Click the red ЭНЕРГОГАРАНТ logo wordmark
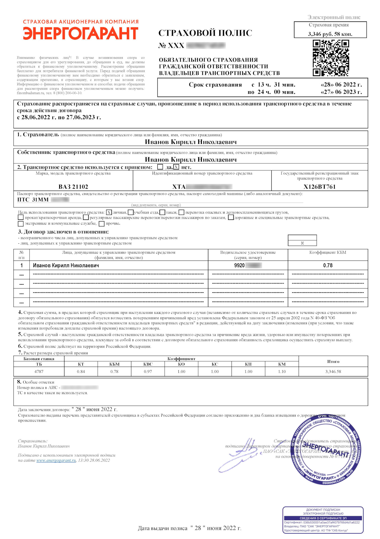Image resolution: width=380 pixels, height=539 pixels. (81, 33)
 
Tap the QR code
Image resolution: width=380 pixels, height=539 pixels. (331, 58)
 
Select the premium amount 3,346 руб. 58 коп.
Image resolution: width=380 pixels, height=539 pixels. (330, 34)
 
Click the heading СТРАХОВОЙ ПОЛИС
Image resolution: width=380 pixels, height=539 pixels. (205, 33)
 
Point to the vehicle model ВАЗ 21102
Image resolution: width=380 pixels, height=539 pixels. (73, 187)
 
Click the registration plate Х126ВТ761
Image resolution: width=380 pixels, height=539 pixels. (319, 187)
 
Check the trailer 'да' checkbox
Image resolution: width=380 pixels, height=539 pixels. (160, 167)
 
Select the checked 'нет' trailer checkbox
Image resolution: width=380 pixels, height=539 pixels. (176, 167)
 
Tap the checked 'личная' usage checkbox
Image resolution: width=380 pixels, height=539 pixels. (109, 213)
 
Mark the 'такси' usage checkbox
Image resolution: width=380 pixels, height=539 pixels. (162, 213)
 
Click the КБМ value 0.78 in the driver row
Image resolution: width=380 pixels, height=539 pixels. (328, 265)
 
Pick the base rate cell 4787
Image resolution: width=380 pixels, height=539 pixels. (39, 371)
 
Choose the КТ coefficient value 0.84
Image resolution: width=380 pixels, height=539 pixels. (81, 371)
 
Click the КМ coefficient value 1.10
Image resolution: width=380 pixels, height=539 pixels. (282, 371)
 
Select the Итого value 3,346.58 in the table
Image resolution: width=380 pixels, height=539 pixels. (333, 371)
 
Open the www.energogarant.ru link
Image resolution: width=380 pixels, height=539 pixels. (56, 460)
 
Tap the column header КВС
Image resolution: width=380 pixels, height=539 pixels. (148, 364)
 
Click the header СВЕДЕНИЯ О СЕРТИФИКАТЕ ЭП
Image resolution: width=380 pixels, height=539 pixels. (323, 518)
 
